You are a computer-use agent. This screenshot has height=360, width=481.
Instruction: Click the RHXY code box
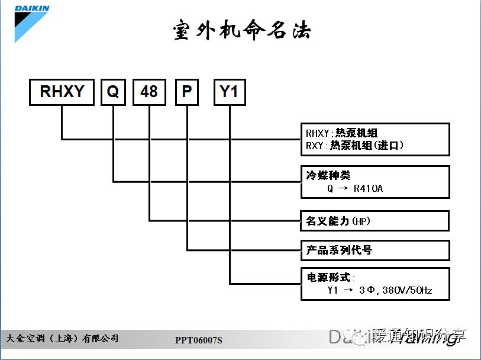(62, 92)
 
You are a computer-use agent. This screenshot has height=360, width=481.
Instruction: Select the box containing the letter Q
(113, 92)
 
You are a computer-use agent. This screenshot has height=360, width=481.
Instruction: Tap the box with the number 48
(149, 92)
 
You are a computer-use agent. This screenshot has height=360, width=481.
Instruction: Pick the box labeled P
(187, 92)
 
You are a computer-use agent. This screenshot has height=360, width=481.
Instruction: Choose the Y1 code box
(229, 92)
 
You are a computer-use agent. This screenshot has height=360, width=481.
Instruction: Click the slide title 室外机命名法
(241, 30)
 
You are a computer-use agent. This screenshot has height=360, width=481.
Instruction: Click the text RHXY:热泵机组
(341, 133)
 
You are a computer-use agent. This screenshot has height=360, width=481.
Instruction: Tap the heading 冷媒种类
(328, 175)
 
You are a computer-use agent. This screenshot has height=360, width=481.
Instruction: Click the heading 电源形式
(330, 277)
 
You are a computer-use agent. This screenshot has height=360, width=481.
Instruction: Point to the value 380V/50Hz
(408, 291)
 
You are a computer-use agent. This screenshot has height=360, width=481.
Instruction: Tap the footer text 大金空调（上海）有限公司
(62, 338)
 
